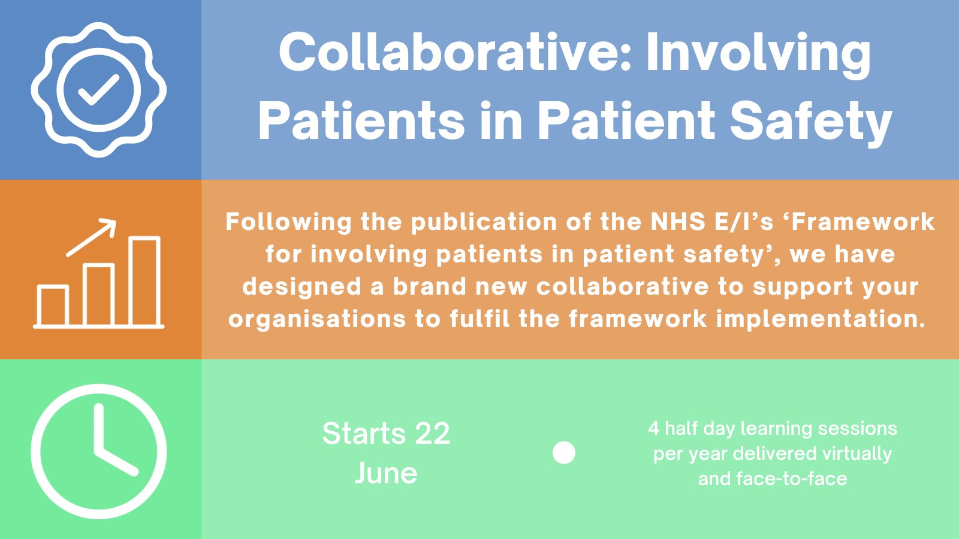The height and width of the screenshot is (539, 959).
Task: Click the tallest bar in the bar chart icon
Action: [x=144, y=281]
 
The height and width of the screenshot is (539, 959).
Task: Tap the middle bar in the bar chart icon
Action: [x=99, y=295]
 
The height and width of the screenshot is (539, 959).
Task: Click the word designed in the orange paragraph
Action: [x=301, y=287]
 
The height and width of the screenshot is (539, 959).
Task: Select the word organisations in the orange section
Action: [x=316, y=319]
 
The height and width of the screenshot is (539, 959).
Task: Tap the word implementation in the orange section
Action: [x=821, y=319]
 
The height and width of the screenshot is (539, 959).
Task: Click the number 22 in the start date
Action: [x=432, y=434]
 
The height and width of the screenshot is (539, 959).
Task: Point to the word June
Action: [x=386, y=473]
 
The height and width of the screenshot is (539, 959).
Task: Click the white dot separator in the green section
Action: [x=563, y=453]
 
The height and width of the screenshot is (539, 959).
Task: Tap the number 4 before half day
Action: [x=653, y=429]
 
